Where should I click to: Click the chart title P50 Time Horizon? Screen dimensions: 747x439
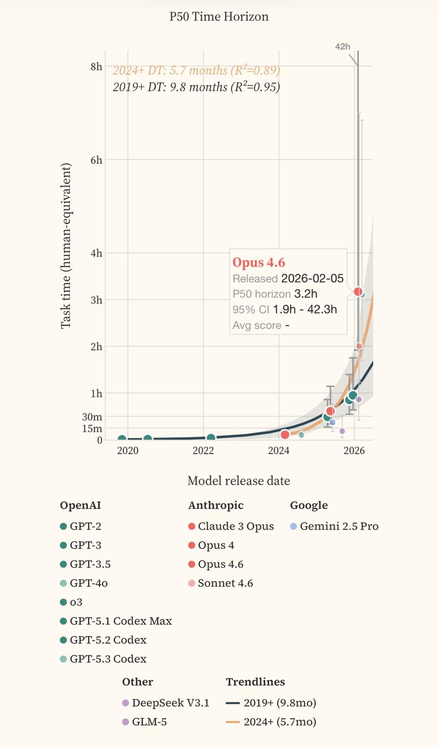219,17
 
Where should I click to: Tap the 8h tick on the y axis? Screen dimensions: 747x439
96,67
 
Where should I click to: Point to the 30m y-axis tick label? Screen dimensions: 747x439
92,417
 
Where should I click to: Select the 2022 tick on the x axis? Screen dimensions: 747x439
203,451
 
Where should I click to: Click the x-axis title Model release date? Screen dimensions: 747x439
239,481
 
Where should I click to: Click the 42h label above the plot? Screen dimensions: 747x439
342,47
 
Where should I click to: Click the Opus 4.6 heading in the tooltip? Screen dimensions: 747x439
259,263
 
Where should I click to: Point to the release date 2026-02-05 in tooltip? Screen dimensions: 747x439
312,279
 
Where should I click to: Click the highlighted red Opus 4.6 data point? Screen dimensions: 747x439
358,292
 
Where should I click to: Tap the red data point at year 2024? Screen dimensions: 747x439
285,435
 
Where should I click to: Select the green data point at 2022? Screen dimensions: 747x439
211,438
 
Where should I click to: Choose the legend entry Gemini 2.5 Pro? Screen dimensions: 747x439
339,526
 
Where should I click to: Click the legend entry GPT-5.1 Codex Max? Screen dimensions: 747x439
120,621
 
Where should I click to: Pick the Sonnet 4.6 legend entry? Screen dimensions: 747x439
225,583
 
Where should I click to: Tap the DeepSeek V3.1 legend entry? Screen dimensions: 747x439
170,703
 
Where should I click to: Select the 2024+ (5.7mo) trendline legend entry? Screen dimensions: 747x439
279,722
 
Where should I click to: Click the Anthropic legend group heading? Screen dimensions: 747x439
216,505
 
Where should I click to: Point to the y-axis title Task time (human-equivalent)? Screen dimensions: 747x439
66,246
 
